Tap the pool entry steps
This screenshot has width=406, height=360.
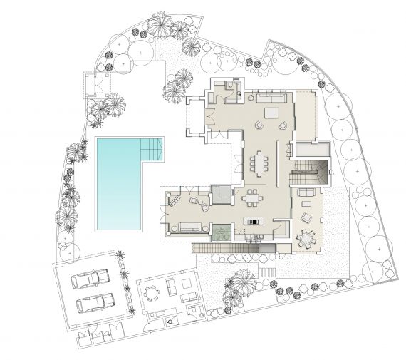tap(151, 148)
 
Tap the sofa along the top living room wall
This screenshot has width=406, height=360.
tap(273, 97)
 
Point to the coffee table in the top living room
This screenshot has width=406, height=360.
tap(272, 113)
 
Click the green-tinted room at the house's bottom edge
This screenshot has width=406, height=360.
tap(222, 232)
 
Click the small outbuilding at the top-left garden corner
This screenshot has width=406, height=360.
tap(95, 84)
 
